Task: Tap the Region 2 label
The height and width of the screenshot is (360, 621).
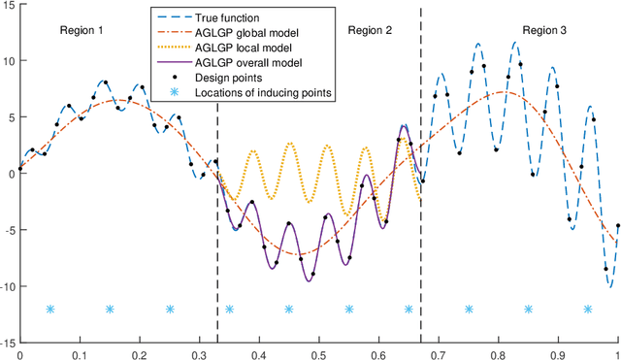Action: [370, 31]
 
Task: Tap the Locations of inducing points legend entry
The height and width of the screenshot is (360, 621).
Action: [262, 92]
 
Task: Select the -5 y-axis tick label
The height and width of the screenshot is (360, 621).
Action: [9, 230]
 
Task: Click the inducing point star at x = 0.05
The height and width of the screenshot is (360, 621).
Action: [49, 310]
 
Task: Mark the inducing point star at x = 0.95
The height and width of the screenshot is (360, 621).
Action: [588, 310]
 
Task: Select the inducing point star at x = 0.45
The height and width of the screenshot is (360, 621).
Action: [289, 310]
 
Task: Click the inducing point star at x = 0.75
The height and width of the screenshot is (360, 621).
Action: [469, 310]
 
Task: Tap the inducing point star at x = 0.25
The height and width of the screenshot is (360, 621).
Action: [170, 310]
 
